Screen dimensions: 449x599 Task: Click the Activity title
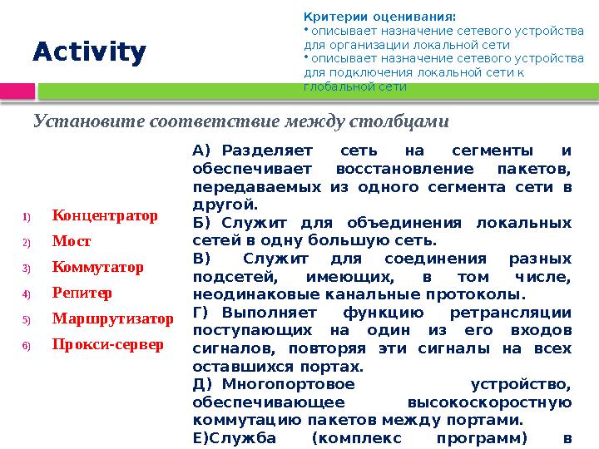pyautogui.click(x=89, y=52)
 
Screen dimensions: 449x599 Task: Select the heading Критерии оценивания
pyautogui.click(x=379, y=16)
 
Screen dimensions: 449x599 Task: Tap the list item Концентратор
pyautogui.click(x=105, y=216)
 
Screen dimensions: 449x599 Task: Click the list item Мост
pyautogui.click(x=72, y=242)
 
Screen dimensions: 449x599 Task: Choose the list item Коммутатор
pyautogui.click(x=97, y=268)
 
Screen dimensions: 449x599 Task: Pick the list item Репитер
pyautogui.click(x=82, y=294)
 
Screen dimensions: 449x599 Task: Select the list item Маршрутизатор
pyautogui.click(x=112, y=319)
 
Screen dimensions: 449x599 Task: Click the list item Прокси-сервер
pyautogui.click(x=107, y=344)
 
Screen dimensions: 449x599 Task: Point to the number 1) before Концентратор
pyautogui.click(x=26, y=217)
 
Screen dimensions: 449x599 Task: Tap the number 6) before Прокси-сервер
pyautogui.click(x=26, y=345)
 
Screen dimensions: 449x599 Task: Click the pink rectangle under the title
pyautogui.click(x=17, y=90)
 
